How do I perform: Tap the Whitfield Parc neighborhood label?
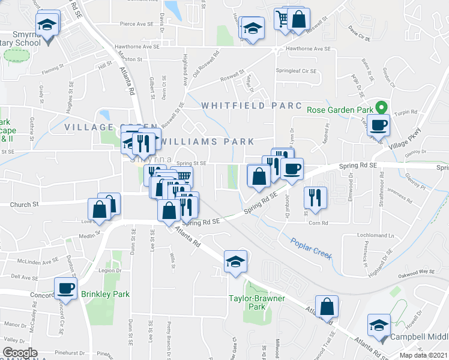click(252, 106)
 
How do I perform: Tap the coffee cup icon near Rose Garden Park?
click(379, 125)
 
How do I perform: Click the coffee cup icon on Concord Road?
click(65, 287)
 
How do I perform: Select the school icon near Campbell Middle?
click(379, 326)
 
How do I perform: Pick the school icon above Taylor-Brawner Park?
click(235, 260)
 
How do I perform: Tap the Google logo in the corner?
click(20, 353)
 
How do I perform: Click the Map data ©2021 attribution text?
click(423, 355)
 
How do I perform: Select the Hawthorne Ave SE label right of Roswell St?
click(309, 49)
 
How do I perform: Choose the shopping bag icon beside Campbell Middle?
click(328, 306)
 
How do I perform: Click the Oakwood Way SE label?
click(418, 272)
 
